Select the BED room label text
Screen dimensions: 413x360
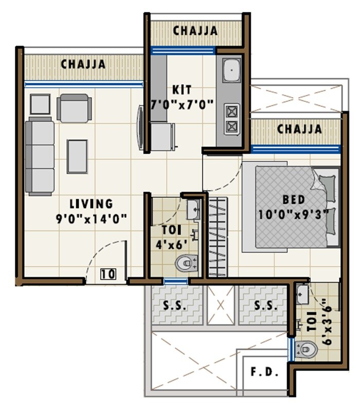[x=294, y=199]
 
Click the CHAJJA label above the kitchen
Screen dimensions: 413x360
[x=195, y=31]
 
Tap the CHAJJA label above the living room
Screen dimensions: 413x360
[x=83, y=65]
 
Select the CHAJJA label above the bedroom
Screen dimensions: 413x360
[x=299, y=129]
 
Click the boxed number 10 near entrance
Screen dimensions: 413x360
[x=107, y=274]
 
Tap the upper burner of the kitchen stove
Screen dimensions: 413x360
[x=232, y=110]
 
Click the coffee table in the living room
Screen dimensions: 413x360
[x=77, y=156]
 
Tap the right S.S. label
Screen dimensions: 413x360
[x=266, y=305]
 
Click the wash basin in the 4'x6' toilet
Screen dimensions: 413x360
[x=193, y=209]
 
